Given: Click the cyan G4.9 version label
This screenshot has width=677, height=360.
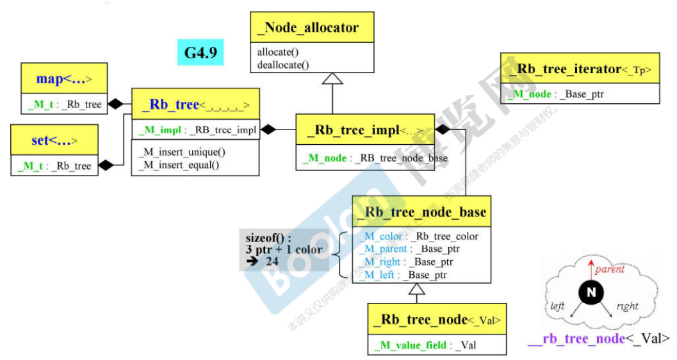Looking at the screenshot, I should (200, 52).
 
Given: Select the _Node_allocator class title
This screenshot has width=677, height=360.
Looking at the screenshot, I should (311, 28).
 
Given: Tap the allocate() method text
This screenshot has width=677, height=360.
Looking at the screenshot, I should (279, 52).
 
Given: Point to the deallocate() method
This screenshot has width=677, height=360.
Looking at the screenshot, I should (283, 64).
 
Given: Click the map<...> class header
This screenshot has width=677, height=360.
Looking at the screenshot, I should (63, 79).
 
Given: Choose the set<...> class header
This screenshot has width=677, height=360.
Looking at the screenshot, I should (54, 140).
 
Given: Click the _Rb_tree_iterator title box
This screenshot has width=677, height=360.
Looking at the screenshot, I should (580, 69).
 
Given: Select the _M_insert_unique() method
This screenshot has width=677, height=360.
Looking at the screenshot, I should (182, 152).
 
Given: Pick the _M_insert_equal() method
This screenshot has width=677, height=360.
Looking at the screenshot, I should (179, 165).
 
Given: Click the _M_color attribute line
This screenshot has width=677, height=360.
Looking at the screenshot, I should (419, 236).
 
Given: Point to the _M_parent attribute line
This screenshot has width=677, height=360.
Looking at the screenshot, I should (410, 249).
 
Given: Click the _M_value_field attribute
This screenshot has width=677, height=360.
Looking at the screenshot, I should (426, 345).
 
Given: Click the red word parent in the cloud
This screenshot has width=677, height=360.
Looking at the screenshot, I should (609, 270).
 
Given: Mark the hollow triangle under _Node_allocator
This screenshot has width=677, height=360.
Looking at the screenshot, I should (332, 79).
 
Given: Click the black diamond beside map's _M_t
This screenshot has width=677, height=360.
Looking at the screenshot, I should (115, 104).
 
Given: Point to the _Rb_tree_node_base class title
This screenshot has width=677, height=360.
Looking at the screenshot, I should (421, 212).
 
